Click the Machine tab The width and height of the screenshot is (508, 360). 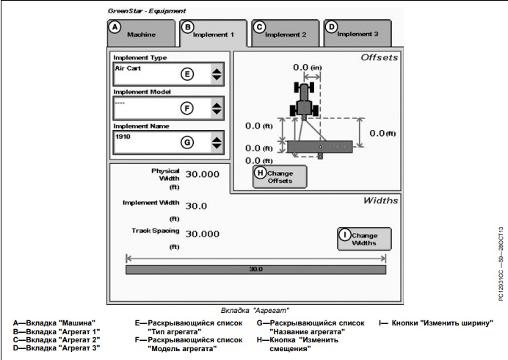[141, 33]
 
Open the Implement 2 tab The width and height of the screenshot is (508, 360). [285, 33]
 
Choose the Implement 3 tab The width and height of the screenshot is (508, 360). [357, 33]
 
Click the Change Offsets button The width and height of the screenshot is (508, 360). [280, 176]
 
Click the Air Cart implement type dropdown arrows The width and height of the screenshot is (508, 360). [217, 74]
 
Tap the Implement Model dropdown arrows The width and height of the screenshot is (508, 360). [217, 107]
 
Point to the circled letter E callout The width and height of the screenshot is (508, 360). [187, 74]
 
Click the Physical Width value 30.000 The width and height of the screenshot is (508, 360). [202, 175]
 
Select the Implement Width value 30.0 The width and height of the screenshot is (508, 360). [197, 206]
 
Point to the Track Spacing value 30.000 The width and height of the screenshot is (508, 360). [202, 234]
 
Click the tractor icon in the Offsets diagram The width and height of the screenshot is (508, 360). [302, 97]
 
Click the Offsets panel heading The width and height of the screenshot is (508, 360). [378, 57]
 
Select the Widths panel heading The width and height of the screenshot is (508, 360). [381, 200]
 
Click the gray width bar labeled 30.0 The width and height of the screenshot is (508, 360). [256, 270]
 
